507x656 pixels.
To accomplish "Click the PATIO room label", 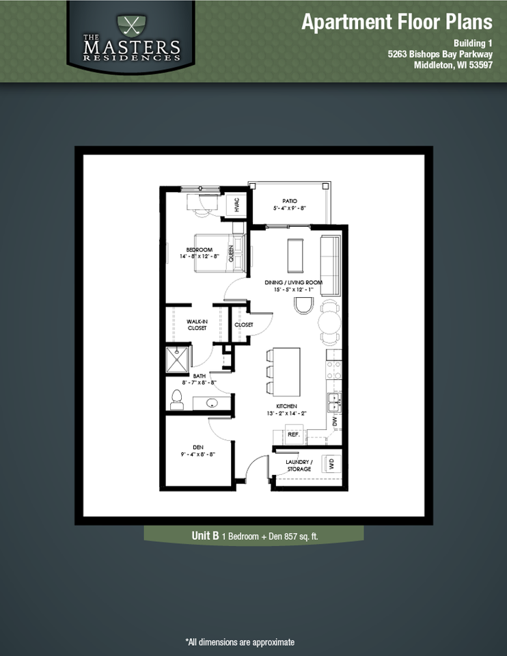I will tap(290, 201).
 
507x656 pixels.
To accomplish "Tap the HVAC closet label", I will tap(236, 204).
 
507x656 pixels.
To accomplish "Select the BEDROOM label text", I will tap(200, 250).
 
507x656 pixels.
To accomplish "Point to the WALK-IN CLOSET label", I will tap(197, 325).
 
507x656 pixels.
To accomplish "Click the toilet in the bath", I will tap(177, 399).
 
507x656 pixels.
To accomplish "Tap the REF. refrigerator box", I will tap(294, 434).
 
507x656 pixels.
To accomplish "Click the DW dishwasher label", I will tap(335, 422).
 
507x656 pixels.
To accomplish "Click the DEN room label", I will tap(198, 448).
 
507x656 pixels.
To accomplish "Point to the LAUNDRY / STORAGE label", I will tap(299, 465).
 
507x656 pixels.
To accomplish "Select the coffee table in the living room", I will tap(297, 255).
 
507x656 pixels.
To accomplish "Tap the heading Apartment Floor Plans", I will tap(396, 22).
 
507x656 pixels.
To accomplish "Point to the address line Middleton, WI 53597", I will tap(453, 66).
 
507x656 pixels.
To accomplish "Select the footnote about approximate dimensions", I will tap(240, 642).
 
